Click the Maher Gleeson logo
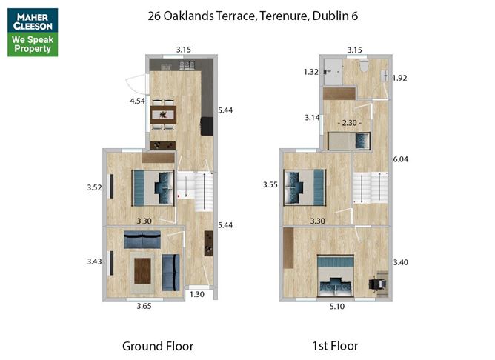click(x=33, y=32)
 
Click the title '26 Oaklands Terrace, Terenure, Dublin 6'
click(x=253, y=16)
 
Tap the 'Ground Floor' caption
click(x=158, y=346)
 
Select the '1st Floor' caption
click(x=335, y=346)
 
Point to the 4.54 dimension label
click(x=137, y=101)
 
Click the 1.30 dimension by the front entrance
click(x=197, y=294)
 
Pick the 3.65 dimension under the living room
click(x=144, y=306)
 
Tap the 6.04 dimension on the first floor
click(x=401, y=159)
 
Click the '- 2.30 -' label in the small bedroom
click(x=350, y=123)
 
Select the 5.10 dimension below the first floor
click(x=337, y=307)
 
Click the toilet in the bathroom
click(x=364, y=66)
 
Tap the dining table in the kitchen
click(x=163, y=115)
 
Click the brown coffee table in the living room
click(x=143, y=270)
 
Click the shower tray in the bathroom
click(x=333, y=72)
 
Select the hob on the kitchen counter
click(x=187, y=65)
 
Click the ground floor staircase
click(x=195, y=192)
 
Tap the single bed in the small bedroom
click(x=349, y=141)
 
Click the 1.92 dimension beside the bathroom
click(x=399, y=78)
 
